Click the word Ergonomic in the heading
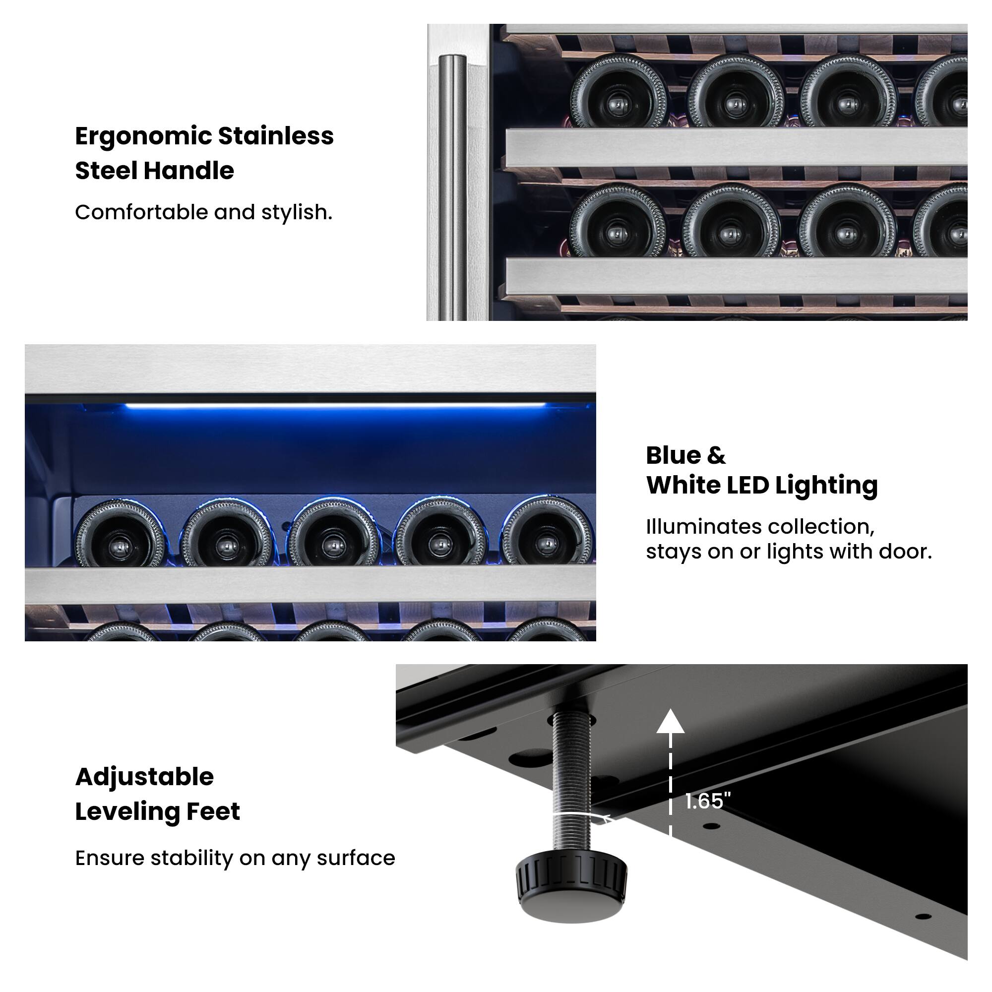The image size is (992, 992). click(143, 136)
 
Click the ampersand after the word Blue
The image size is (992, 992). click(716, 455)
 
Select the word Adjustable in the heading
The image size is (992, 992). click(144, 777)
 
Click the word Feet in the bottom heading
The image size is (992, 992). click(213, 812)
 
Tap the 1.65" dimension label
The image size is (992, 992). click(708, 801)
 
